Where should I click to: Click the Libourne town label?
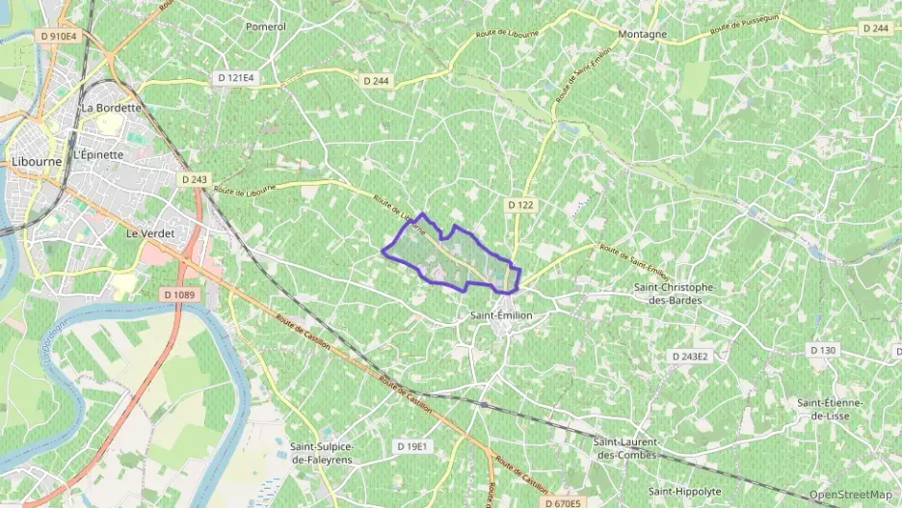coord(36,162)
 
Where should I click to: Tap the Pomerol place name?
coord(266,27)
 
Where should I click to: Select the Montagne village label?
coord(643,34)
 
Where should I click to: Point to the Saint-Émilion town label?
coord(501,315)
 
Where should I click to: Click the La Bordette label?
coord(112,108)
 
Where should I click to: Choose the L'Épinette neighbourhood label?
coord(99,154)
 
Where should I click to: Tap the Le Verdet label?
coord(147,233)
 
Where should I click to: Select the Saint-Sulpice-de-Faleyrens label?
coord(322,453)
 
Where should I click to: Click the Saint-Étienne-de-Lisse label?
coord(830,409)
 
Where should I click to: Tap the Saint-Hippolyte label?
coord(684,491)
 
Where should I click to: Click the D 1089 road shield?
coord(180,293)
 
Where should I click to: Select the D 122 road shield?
coord(520,205)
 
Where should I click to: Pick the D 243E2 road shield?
coord(690,357)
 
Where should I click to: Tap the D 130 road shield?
coord(823,350)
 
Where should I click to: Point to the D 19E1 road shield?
coord(411,446)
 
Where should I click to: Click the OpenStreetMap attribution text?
coord(851,495)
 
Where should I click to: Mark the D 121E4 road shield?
coord(236,77)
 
